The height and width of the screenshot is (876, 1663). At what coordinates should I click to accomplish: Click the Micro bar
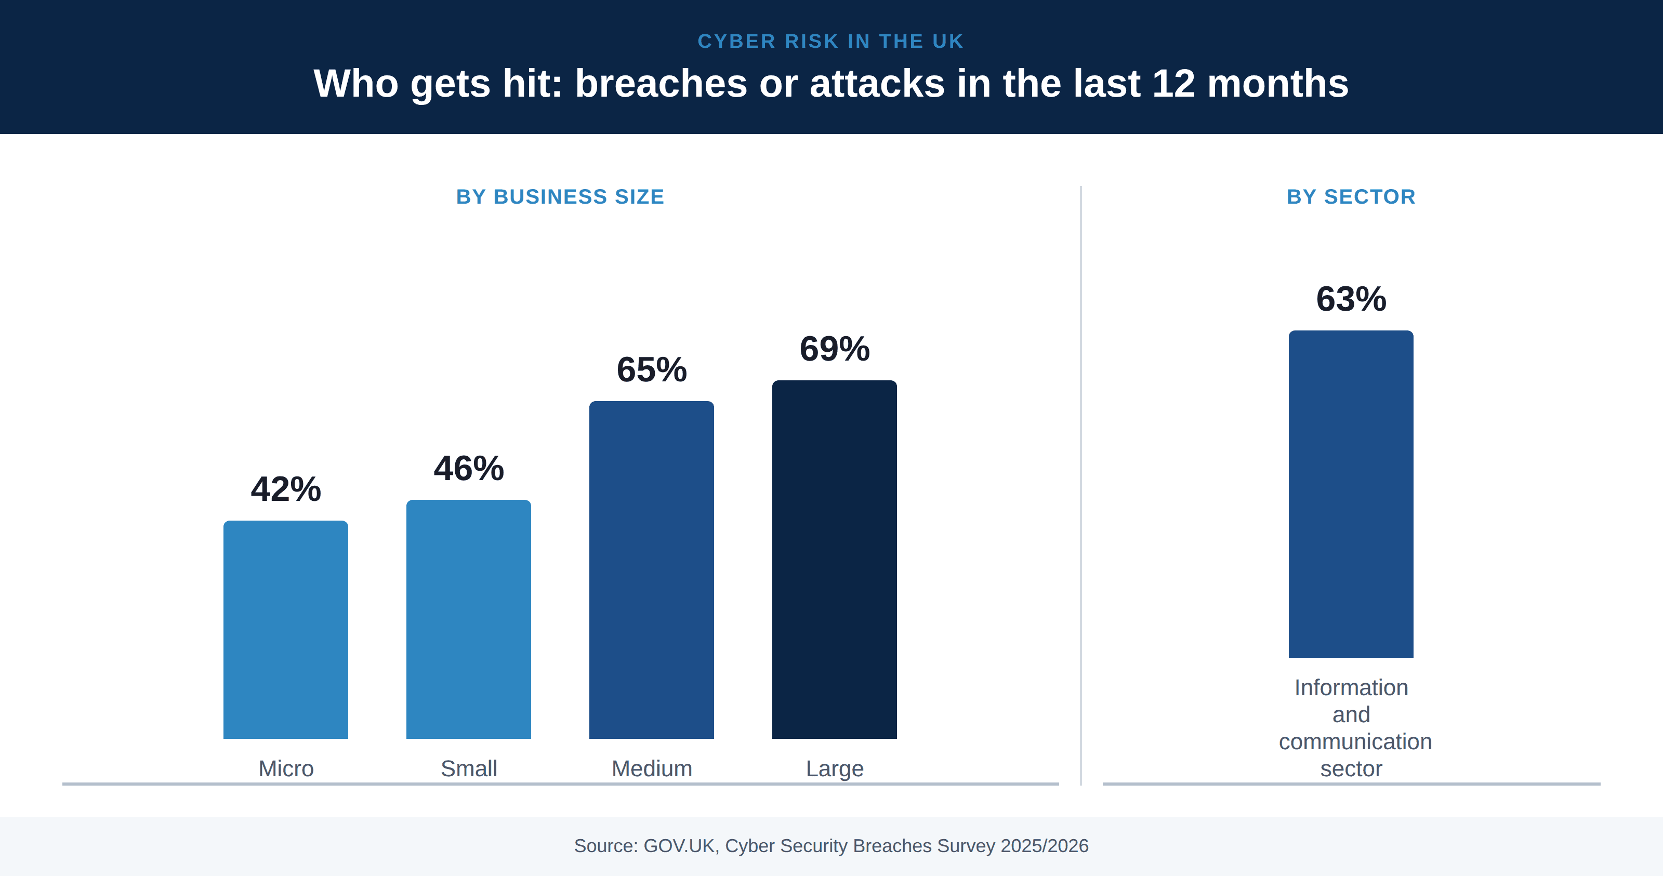[x=285, y=629]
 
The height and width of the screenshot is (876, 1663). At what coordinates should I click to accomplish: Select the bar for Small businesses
[x=469, y=619]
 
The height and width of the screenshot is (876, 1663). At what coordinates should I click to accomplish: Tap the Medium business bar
[x=651, y=569]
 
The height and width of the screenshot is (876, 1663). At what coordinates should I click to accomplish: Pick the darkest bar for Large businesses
[x=834, y=559]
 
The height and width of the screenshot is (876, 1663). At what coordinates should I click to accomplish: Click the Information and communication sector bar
[x=1351, y=494]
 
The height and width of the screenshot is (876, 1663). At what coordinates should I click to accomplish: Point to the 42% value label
[x=285, y=489]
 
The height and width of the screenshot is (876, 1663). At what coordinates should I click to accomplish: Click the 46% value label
[x=469, y=468]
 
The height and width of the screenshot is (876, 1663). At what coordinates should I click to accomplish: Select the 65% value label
[x=651, y=369]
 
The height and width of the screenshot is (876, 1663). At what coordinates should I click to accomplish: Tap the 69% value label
[x=834, y=349]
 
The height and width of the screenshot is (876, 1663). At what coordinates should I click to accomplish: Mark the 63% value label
[x=1351, y=299]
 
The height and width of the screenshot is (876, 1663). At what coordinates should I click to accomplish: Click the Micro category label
[x=286, y=768]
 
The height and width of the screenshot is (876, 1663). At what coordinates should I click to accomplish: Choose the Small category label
[x=469, y=768]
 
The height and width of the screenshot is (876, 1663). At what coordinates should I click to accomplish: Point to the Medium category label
[x=651, y=768]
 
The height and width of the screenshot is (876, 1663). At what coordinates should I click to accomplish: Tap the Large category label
[x=834, y=769]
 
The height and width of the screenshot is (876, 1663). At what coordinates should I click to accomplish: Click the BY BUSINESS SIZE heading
[x=560, y=196]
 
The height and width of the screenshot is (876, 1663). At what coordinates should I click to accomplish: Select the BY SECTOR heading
[x=1351, y=196]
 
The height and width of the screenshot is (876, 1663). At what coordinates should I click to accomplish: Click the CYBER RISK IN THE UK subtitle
[x=831, y=42]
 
